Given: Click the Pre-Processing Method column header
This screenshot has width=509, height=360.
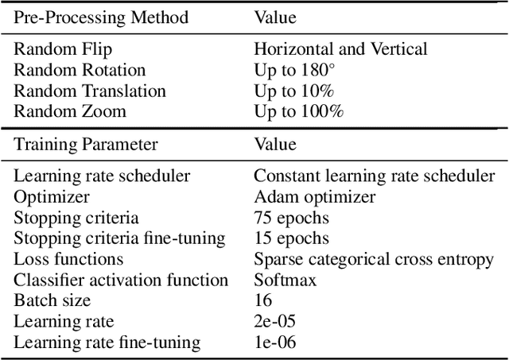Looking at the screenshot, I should coord(101,17).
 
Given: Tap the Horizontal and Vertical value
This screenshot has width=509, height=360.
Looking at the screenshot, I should coord(340,49).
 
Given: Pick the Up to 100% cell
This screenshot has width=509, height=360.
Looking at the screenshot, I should coord(299,111).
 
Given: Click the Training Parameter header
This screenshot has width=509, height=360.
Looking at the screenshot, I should coord(86,144).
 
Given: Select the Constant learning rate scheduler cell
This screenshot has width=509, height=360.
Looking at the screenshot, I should coord(374,176).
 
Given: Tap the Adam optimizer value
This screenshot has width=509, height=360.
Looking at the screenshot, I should coord(314,196).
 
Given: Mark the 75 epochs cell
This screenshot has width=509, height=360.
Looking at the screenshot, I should coord(290,217).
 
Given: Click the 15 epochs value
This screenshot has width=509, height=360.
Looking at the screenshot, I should coord(290,238).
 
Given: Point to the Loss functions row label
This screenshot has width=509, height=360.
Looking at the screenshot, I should coord(68,259).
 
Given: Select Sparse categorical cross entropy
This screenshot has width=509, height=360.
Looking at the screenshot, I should coord(374,259).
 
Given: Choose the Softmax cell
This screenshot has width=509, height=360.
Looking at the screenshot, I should coord(284,280).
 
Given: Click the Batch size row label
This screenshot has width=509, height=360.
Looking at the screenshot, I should coord(52,300).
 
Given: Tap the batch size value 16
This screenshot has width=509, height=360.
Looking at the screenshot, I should coord(263,300).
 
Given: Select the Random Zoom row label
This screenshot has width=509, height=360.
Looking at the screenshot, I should coord(70,111).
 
